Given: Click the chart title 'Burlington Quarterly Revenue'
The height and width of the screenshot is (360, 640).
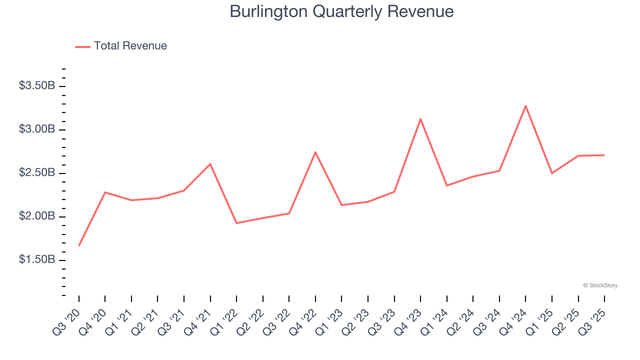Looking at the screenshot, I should (341, 12).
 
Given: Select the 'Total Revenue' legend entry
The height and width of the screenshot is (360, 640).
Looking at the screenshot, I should (130, 46).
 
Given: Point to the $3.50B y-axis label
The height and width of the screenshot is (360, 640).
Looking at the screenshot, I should (37, 86).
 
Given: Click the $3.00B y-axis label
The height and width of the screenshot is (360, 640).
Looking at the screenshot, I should (37, 129).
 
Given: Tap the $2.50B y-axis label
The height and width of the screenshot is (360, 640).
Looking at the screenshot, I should (37, 173).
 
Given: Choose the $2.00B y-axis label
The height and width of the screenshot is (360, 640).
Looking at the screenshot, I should (37, 216).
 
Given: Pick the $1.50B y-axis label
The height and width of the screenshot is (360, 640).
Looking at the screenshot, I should (37, 260).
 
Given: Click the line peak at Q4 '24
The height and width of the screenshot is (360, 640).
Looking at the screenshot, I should (525, 105).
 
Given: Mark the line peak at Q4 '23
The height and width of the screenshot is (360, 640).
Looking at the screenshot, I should (420, 119).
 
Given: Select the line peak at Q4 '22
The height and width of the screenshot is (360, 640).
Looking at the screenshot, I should (315, 152).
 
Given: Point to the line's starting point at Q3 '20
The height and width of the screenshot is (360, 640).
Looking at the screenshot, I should (79, 245).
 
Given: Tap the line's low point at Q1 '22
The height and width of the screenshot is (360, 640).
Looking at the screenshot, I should (236, 223).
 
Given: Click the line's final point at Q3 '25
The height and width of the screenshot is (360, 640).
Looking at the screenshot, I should (604, 155).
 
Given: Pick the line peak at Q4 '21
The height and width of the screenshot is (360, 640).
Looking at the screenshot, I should (210, 164).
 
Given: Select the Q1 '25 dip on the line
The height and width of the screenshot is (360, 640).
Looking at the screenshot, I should (552, 173).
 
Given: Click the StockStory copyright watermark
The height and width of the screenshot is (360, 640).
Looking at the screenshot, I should (600, 285).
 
